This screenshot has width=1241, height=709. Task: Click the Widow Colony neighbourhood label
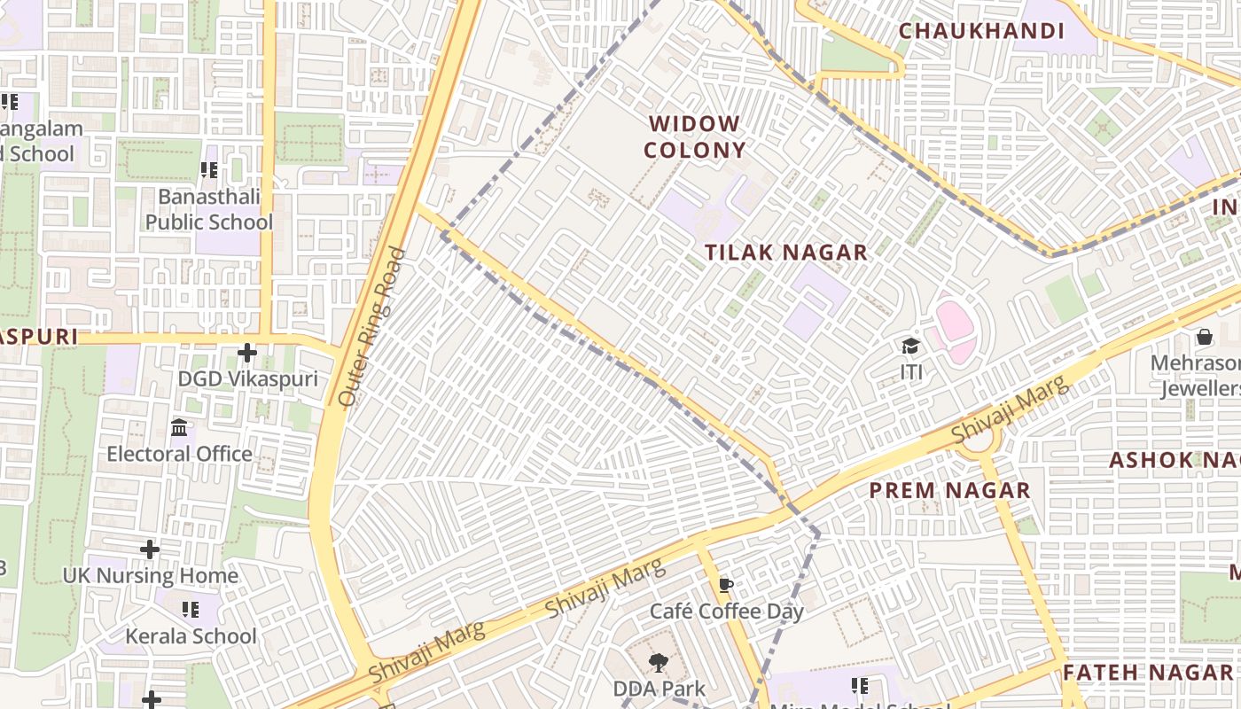pos(694,136)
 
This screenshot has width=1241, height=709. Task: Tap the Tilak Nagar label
pos(785,253)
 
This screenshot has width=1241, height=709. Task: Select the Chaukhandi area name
pos(981,31)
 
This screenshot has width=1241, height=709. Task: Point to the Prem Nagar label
pos(949,490)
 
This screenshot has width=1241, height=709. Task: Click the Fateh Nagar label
pos(1147,672)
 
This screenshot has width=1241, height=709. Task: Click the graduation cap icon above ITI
pos(910,346)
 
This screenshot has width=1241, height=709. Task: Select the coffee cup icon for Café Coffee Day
pos(726,586)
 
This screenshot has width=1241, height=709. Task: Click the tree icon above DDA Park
pos(658,663)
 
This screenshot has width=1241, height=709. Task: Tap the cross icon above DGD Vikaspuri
pos(246,354)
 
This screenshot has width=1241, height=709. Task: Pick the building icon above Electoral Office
pos(180,428)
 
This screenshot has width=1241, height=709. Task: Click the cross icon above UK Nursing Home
pos(150,549)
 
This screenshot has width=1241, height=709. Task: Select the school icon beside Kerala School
pos(190,610)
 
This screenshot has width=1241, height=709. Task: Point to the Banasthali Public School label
pos(209,209)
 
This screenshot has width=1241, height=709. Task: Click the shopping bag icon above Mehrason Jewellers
pos(1204,337)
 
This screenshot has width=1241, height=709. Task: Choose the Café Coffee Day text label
pos(727,612)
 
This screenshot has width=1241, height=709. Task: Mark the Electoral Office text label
pos(180,454)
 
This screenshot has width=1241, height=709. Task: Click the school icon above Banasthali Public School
pos(209,169)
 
